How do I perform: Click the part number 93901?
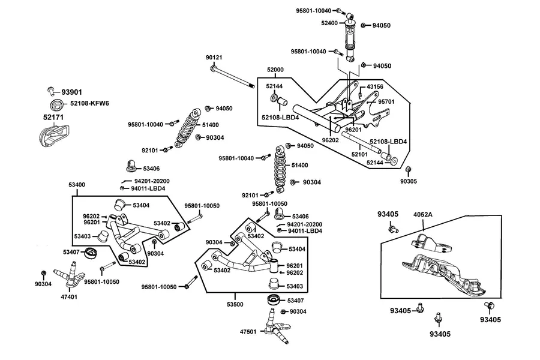pos(71,92)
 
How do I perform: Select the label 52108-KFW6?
pos(89,103)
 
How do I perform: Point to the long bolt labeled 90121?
pos(232,77)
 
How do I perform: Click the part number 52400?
pos(329,23)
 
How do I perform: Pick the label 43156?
pos(374,86)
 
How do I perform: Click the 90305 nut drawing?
pos(408,169)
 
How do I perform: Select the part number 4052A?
pos(422,214)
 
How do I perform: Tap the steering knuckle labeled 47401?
pos(70,275)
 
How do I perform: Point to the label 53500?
pos(235,304)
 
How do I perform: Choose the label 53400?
pos(76,185)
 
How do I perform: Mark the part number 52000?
pos(275,70)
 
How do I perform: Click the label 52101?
pos(359,154)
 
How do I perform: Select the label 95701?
pos(386,101)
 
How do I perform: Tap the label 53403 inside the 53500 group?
pos(295,286)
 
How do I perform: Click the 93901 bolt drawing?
pos(52,91)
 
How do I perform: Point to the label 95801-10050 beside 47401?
pos(101,282)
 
